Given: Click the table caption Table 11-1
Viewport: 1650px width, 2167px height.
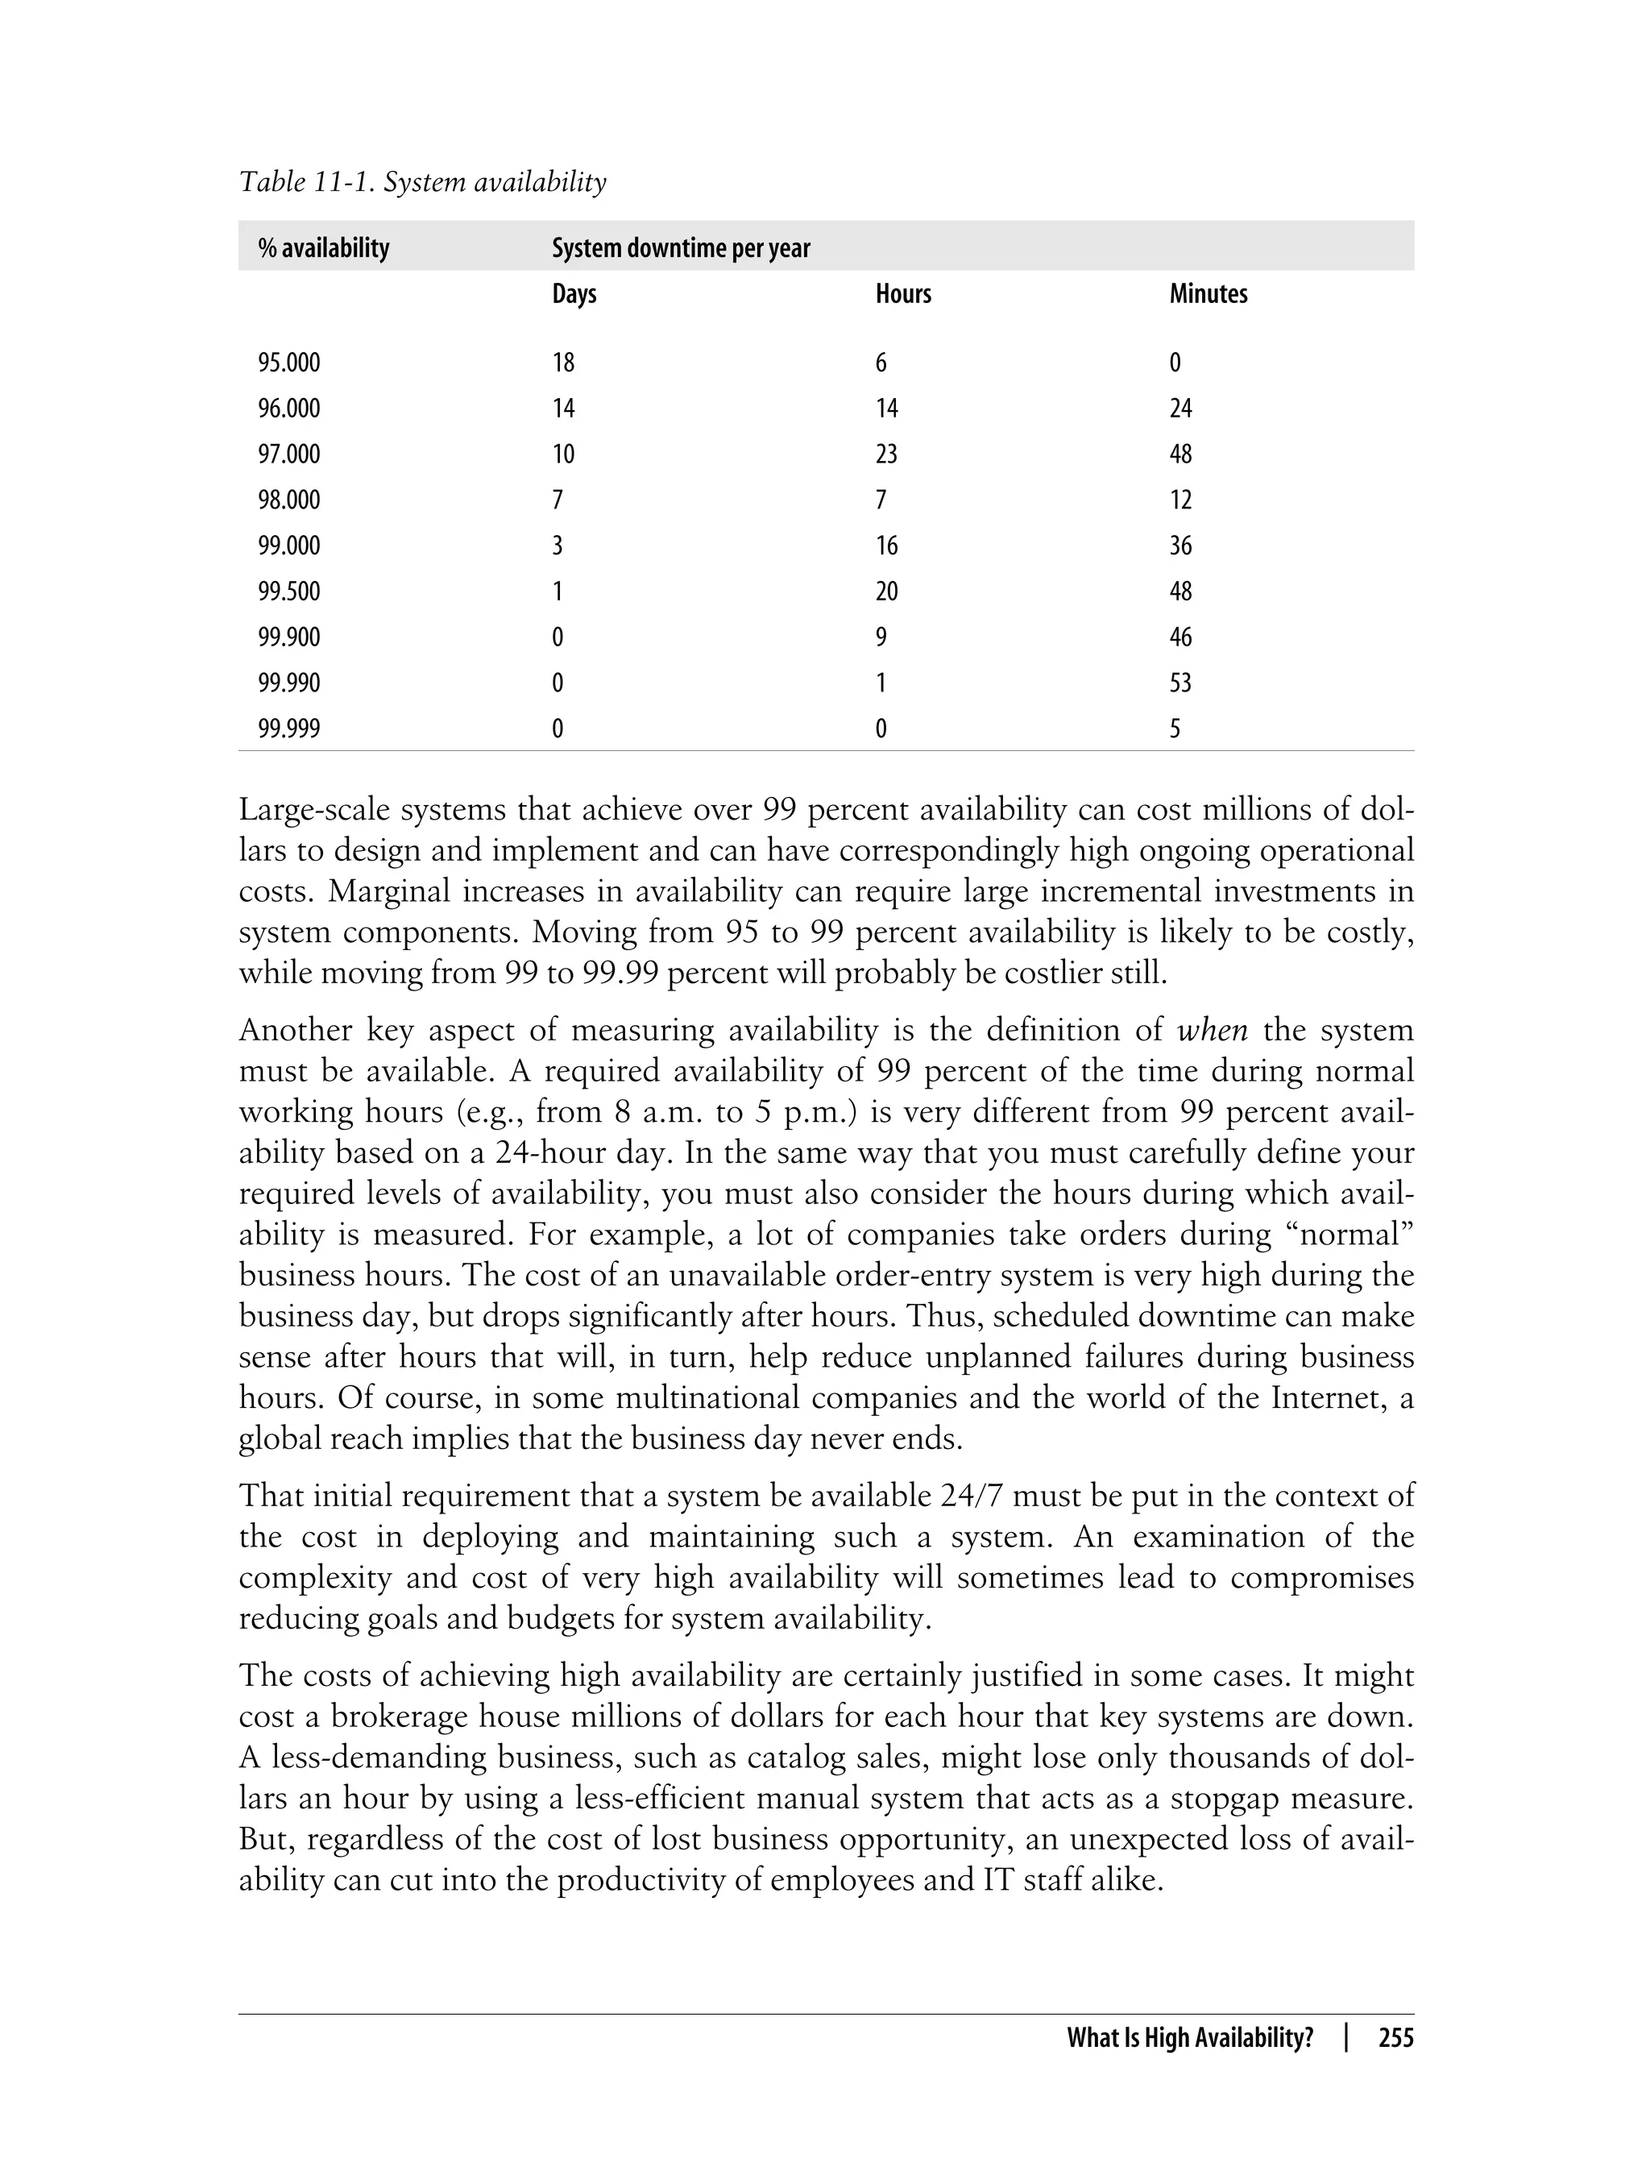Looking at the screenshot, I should [x=422, y=182].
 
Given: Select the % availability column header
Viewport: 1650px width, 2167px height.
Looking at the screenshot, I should [x=323, y=247].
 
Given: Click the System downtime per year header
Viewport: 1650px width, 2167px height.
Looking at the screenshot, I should [x=681, y=247].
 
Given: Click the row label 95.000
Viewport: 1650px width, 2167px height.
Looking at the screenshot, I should [x=288, y=363].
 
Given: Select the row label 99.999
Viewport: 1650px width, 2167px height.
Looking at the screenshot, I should [x=288, y=728].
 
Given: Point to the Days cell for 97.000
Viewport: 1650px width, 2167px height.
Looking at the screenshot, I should [x=563, y=454].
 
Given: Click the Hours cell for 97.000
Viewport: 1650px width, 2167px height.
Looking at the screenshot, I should [x=886, y=454].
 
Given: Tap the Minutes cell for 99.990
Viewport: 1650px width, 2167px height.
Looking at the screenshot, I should [x=1180, y=683].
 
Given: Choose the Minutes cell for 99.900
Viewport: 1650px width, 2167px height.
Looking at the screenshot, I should [x=1180, y=637].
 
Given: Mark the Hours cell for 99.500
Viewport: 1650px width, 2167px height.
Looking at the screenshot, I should [x=886, y=592].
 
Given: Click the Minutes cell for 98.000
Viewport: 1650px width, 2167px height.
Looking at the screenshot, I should [x=1180, y=500].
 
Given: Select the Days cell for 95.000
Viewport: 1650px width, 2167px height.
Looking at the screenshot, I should [x=563, y=363].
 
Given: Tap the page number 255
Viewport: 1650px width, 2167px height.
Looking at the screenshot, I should [x=1395, y=2038].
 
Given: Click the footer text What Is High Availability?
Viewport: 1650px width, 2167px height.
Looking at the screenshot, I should [x=1189, y=2038].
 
